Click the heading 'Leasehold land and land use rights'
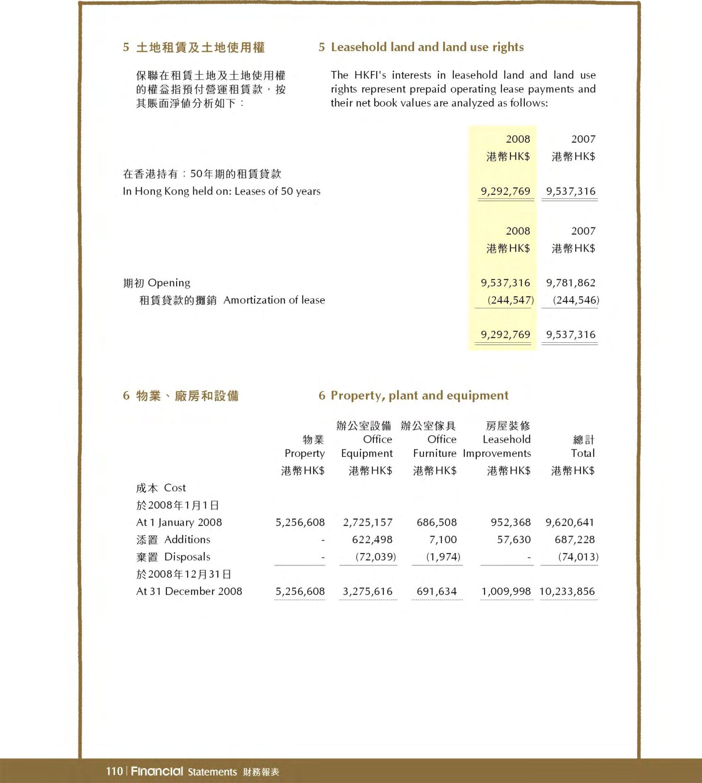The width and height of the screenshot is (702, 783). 427,47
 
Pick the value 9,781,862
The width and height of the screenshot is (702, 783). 570,283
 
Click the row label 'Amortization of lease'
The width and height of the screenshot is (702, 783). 274,300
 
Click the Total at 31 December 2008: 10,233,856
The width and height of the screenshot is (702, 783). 567,591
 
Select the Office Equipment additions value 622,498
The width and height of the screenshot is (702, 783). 372,539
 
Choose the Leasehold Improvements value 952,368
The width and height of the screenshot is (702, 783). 511,522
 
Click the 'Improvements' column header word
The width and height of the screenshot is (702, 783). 497,454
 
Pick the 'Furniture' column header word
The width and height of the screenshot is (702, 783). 434,454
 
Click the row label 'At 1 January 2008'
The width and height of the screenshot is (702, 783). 179,522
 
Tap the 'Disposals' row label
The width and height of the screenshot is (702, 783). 187,557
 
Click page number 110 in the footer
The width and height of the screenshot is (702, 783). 114,771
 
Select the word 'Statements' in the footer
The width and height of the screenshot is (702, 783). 212,772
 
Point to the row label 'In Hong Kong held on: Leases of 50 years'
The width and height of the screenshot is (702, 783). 222,191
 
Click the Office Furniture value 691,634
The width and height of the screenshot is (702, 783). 436,591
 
